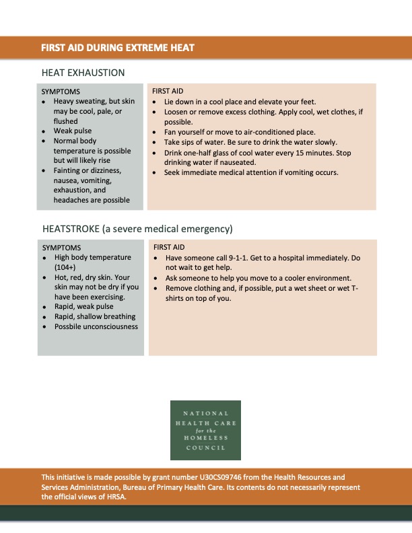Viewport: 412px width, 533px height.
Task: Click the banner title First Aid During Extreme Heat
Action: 118,48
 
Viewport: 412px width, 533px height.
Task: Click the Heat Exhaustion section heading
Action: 83,73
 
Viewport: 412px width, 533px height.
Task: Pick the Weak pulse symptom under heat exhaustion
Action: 73,131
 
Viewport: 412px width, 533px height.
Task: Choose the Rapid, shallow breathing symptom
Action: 95,316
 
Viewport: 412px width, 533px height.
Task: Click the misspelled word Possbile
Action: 69,326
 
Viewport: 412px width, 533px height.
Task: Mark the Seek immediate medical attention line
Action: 250,172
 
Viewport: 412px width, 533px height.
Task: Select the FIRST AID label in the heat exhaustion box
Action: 168,91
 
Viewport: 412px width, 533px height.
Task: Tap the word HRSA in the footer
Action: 116,497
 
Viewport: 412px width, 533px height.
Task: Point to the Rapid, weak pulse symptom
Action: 84,307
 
